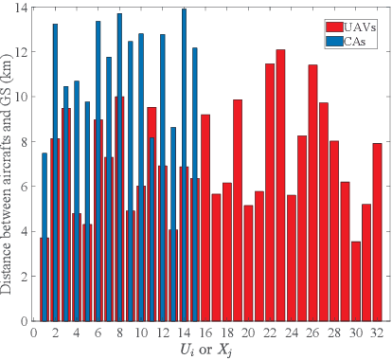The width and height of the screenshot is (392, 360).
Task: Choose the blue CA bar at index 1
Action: pos(45,189)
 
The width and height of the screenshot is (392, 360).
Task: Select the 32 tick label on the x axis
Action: pos(377,333)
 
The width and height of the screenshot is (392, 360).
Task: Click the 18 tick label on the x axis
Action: pos(226,333)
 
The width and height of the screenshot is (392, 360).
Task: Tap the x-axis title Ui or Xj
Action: pos(205,350)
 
